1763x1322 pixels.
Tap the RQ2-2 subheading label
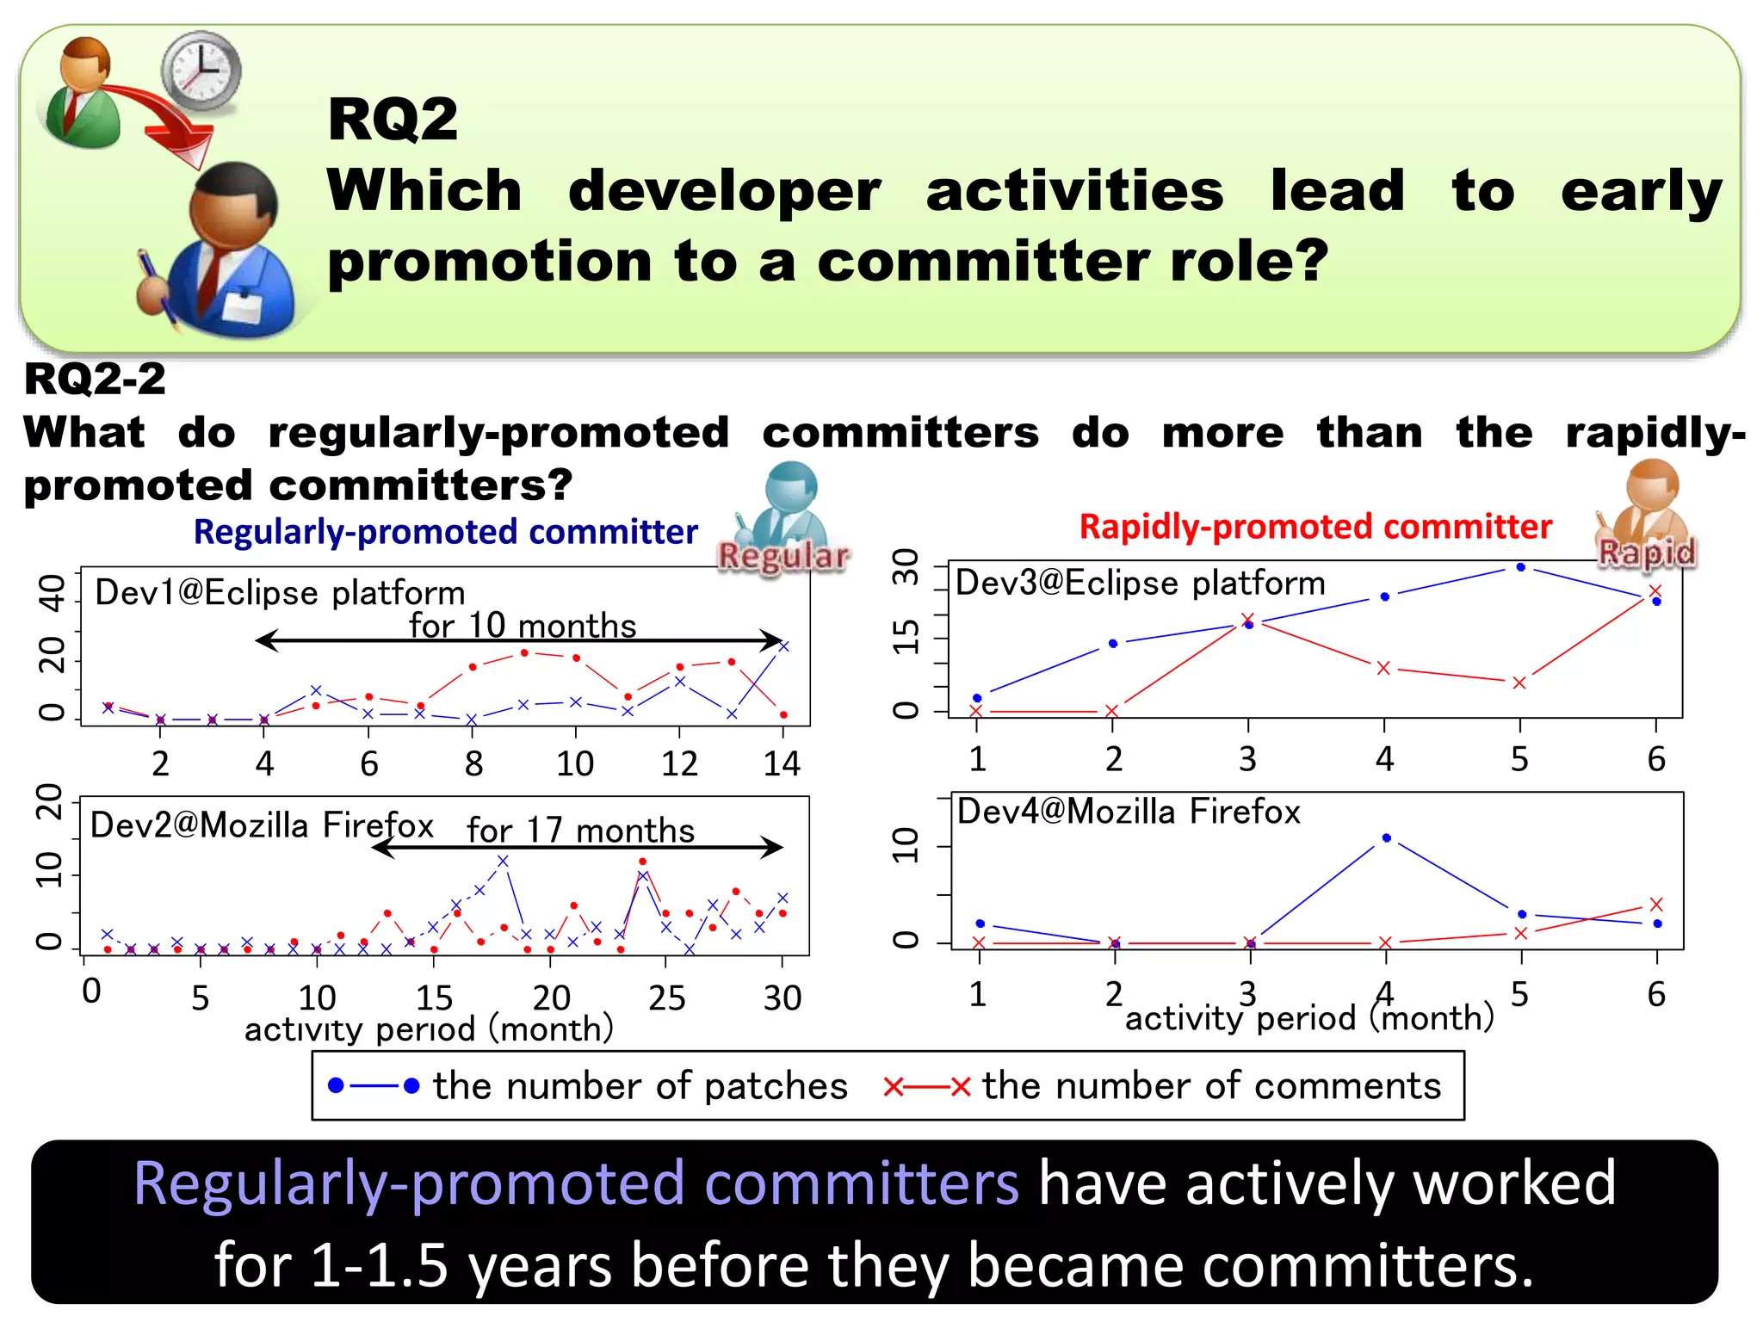pos(95,379)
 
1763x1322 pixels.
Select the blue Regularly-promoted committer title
pos(445,532)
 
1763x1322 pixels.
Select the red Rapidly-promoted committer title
pos(1315,527)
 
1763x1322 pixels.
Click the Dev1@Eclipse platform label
pos(280,593)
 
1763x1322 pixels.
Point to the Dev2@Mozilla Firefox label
pos(262,825)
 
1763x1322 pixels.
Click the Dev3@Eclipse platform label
pos(1140,584)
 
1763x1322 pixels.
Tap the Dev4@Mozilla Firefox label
pos(1129,812)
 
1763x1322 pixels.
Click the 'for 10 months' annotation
pos(523,626)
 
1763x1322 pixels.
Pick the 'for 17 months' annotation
pos(580,831)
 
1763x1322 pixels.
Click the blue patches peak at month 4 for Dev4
pos(1386,837)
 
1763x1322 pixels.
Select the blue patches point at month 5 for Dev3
pos(1520,567)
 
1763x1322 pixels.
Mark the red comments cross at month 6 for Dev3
pos(1655,590)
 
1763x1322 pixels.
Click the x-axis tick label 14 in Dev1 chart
pos(782,763)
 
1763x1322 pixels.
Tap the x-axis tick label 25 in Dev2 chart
pos(666,998)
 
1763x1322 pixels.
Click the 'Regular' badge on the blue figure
pos(783,556)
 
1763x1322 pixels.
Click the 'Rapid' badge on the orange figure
pos(1647,552)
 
